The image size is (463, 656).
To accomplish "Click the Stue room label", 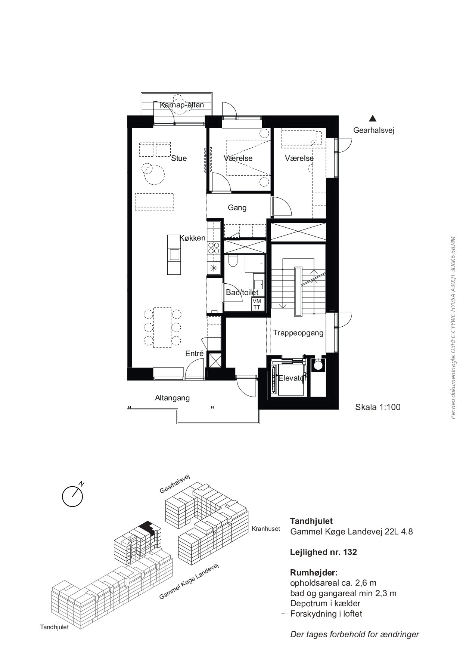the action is (x=179, y=158).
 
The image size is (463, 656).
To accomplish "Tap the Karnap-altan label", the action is (x=182, y=105).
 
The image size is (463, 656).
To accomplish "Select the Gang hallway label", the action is (x=237, y=207).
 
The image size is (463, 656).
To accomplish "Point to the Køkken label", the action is (x=192, y=238).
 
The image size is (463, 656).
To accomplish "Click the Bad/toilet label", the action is (x=242, y=292).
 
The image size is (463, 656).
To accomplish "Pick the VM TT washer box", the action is (x=257, y=304).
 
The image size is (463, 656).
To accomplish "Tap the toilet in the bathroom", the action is (x=232, y=261).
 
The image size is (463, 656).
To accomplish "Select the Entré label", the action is (x=195, y=353).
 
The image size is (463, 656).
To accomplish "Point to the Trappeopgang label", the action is (x=298, y=333).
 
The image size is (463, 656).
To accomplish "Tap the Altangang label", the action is (x=173, y=398).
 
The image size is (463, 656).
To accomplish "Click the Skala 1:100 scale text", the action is (x=377, y=407).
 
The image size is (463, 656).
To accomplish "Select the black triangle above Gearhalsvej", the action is (x=372, y=118).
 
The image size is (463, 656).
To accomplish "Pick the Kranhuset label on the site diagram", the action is (x=266, y=529).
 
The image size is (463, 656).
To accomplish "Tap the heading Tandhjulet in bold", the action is (x=311, y=521).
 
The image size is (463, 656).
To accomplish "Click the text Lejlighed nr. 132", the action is (x=323, y=552).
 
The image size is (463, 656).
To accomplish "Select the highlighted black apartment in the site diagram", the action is (x=147, y=528).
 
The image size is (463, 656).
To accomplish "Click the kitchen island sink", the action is (x=174, y=255).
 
